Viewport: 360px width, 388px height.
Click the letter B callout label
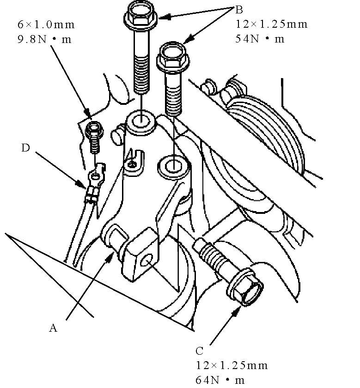tap(239, 10)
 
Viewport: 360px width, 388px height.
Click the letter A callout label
tap(53, 328)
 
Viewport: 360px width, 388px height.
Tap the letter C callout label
tap(199, 351)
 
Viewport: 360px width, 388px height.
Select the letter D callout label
tap(25, 148)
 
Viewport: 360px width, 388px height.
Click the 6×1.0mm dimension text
tap(46, 24)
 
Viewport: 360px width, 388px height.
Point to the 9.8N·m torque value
tap(44, 39)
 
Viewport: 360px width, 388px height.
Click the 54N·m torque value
tap(260, 39)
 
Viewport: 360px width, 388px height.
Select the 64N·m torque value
tap(220, 380)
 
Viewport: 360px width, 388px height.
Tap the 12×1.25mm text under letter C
tap(232, 365)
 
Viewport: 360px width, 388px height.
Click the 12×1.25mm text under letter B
tap(271, 24)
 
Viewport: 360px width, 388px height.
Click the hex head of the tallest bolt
tap(140, 15)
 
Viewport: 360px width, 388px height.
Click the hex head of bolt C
tap(245, 287)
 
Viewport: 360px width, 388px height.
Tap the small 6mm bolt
tap(95, 137)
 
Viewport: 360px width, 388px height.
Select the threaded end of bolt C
tap(209, 252)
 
